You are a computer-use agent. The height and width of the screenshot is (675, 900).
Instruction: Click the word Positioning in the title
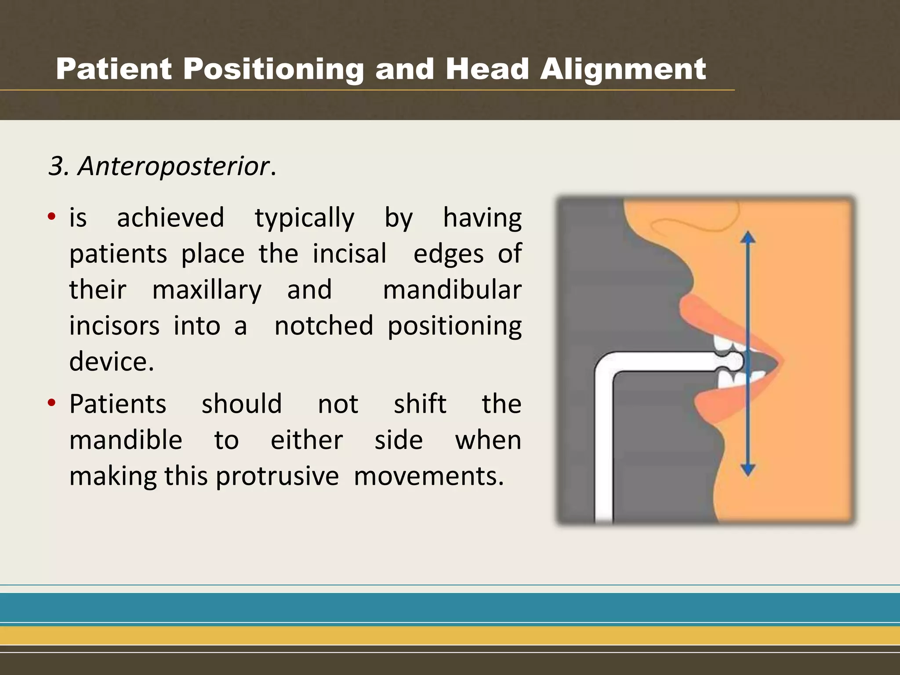click(273, 69)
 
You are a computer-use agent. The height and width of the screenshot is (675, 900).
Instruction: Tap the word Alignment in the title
click(623, 69)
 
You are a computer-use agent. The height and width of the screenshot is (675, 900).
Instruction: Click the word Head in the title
click(487, 69)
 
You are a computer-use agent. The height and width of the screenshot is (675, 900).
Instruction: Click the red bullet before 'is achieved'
click(52, 216)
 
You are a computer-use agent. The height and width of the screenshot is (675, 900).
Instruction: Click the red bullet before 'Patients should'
click(52, 403)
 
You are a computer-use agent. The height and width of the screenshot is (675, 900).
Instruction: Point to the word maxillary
click(207, 290)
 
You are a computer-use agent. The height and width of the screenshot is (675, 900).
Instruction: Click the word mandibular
click(452, 290)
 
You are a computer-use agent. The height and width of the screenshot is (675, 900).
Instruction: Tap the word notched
click(324, 326)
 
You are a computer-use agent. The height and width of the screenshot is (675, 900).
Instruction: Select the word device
click(111, 362)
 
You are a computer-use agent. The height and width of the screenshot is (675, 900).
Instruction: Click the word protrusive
click(277, 476)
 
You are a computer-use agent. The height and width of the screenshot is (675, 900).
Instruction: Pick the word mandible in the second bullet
click(126, 440)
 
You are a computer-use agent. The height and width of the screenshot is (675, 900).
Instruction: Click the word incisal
click(349, 254)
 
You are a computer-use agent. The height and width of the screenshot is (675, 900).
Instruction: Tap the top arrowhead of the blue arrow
click(748, 238)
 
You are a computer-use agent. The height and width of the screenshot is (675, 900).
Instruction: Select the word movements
click(428, 476)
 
